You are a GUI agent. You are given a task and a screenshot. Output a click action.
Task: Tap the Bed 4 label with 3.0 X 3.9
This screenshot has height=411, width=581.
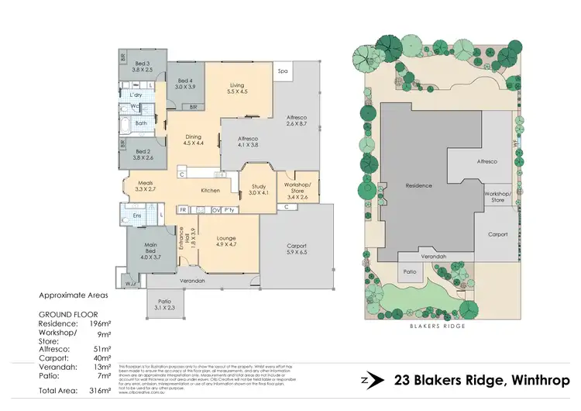pos(185,85)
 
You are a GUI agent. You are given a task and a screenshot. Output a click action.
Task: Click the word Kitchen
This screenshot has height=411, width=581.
pos(211,191)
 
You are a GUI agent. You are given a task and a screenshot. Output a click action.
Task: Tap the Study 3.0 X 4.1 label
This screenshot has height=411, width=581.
pos(254,188)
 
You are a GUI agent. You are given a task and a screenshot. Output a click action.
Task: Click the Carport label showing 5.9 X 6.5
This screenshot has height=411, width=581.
pos(297,247)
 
